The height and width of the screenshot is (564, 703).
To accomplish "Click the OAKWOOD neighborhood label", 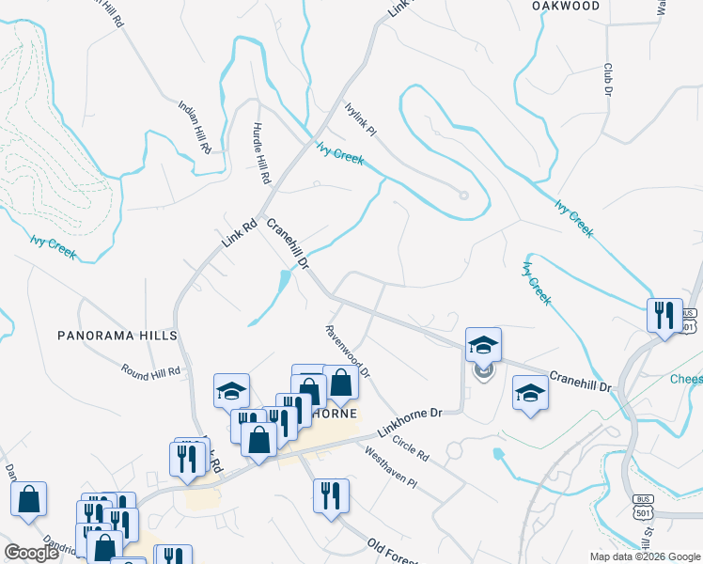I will pos(566,6).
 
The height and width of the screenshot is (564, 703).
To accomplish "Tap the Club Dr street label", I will pos(608,80).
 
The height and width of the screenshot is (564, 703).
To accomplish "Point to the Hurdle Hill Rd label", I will pos(262,153).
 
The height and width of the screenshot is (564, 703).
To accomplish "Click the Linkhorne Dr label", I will pos(410,421).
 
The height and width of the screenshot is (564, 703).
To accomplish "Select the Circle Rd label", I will pos(412,448).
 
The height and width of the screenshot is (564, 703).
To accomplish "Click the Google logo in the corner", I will pos(31,553).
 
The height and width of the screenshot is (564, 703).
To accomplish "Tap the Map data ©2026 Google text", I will pos(645,556).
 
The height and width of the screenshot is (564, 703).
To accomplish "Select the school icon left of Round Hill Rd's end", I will pos(231,390).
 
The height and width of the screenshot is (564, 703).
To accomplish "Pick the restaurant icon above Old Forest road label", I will pos(331,494).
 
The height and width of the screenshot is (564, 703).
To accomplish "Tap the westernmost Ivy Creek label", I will pos(52,248).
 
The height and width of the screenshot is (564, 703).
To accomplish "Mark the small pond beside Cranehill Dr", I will pos(283,280).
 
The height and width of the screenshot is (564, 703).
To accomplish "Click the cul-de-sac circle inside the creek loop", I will pos(462,196).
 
